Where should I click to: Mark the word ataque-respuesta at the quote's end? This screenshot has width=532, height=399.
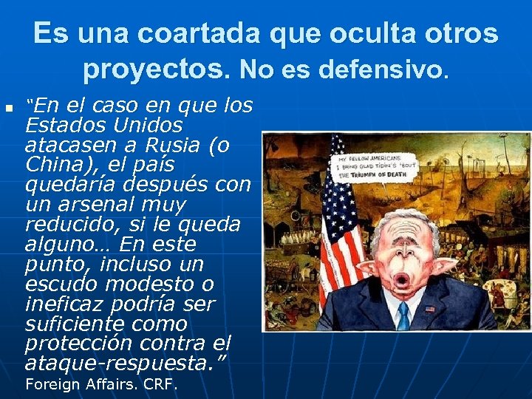pyautogui.click(x=118, y=364)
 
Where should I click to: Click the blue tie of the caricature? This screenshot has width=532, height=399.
pyautogui.click(x=403, y=316)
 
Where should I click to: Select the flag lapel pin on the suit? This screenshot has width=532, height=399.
pyautogui.click(x=430, y=308)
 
